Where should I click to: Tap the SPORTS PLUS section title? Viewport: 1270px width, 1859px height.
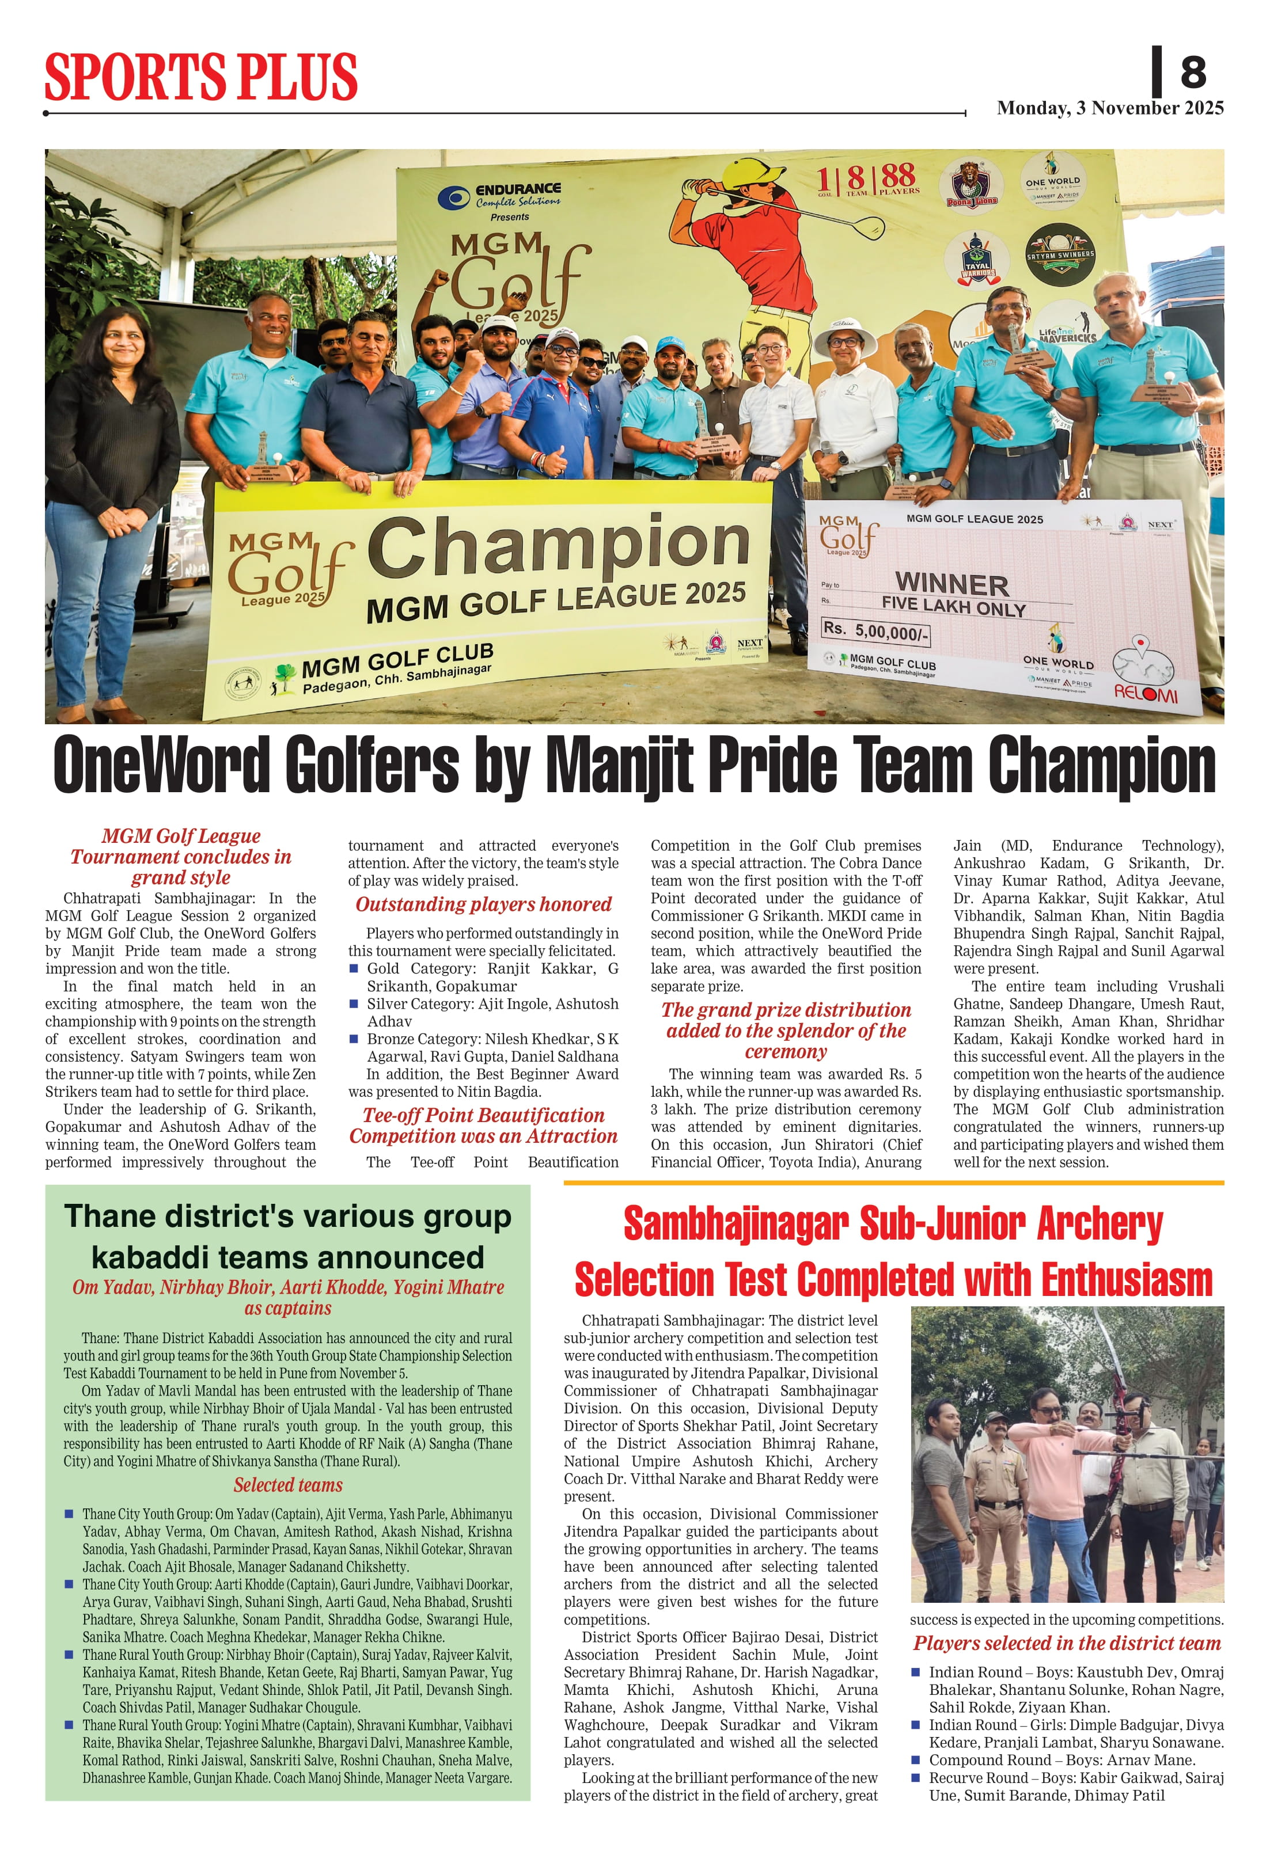coord(201,77)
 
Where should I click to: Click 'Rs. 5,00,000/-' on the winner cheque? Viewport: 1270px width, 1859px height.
coord(875,630)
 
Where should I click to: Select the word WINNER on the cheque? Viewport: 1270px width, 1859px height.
coord(951,583)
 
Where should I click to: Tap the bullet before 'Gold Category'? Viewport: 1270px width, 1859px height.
coord(354,969)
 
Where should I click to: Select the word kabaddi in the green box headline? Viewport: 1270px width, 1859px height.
coord(146,1259)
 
